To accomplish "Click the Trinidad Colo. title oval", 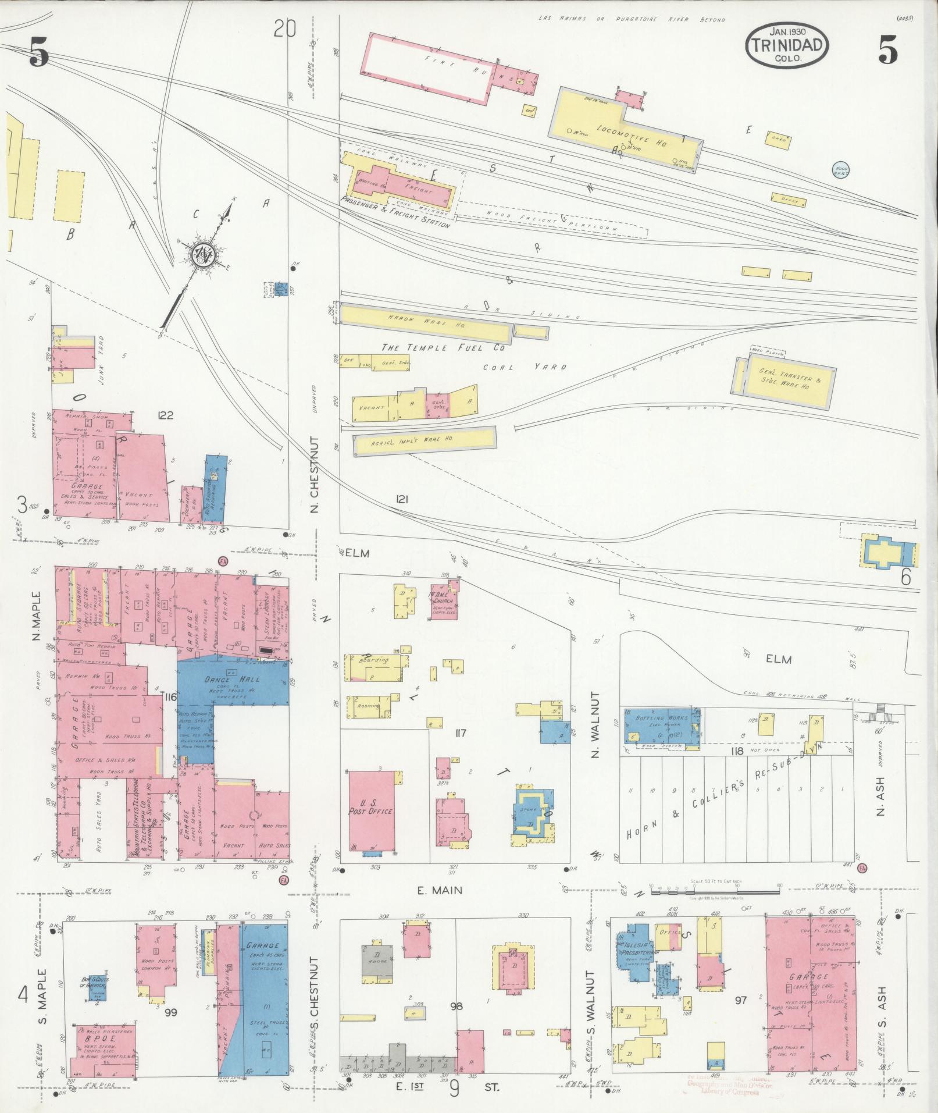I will coord(787,45).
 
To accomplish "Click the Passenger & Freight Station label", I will coord(395,215).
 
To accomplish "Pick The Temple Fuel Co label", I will coord(442,347).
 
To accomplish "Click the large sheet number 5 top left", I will coord(38,55).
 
